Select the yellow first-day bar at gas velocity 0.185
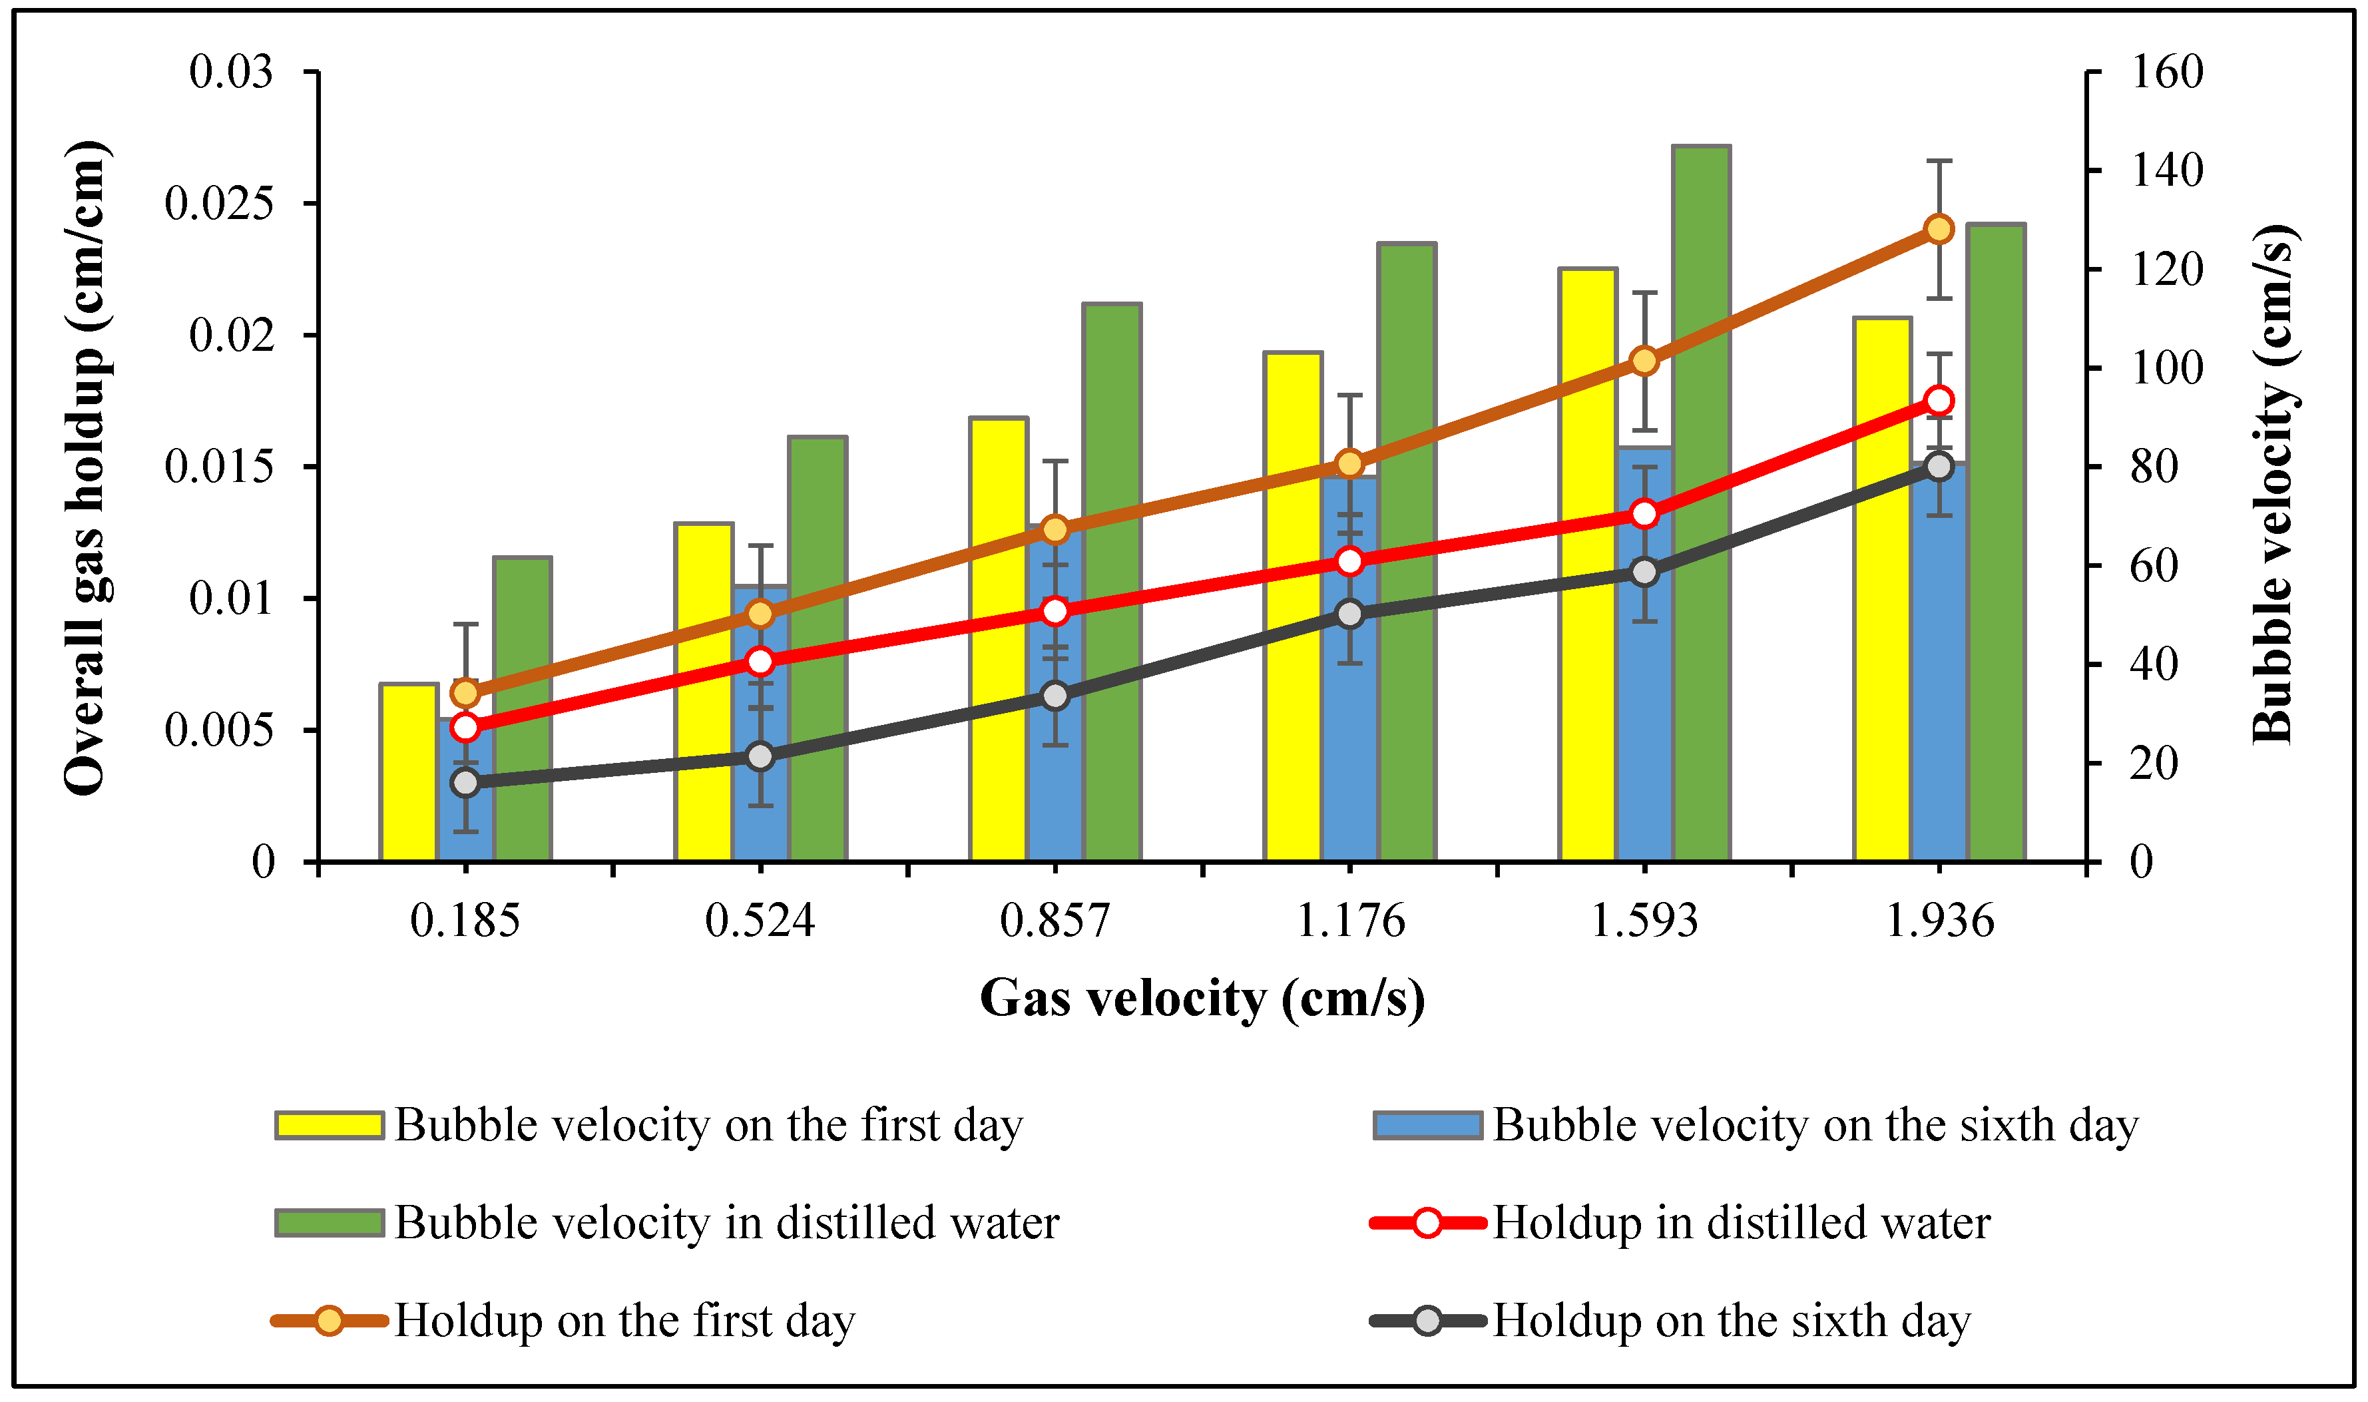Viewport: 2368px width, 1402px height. click(x=409, y=773)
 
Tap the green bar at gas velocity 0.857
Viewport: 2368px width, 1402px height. click(x=1112, y=581)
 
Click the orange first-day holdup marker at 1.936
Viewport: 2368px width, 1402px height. click(x=1939, y=230)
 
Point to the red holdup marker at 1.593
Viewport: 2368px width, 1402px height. click(x=1644, y=514)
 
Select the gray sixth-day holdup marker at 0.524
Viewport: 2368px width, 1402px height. click(x=760, y=756)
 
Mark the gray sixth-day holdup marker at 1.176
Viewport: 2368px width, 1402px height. click(x=1350, y=614)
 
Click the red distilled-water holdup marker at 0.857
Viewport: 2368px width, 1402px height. click(x=1055, y=611)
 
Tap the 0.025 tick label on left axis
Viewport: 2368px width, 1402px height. click(x=218, y=203)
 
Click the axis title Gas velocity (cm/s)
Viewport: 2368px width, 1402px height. click(x=1202, y=999)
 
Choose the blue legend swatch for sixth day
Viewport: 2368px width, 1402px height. click(x=1427, y=1125)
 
